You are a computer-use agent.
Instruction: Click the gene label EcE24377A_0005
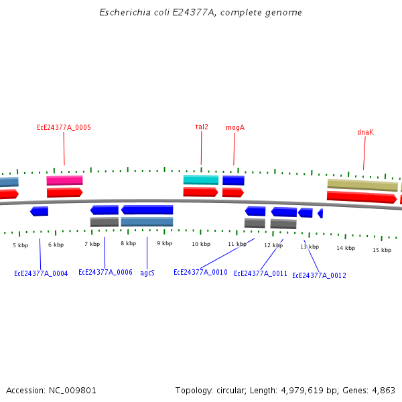(x=64, y=127)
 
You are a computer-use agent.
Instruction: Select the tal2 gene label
(x=202, y=127)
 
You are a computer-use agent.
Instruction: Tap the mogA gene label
(x=234, y=127)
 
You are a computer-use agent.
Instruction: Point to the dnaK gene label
(x=365, y=133)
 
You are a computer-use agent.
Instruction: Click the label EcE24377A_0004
(x=41, y=273)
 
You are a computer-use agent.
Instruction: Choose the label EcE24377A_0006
(x=105, y=272)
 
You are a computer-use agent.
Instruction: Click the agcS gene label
(x=147, y=273)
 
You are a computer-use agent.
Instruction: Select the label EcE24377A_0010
(x=200, y=272)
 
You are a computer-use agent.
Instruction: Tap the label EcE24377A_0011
(x=261, y=273)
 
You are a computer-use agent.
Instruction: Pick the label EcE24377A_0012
(x=319, y=275)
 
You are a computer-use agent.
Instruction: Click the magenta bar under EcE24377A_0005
(x=64, y=180)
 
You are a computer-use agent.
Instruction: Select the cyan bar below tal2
(x=201, y=180)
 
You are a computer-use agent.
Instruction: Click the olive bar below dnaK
(x=362, y=184)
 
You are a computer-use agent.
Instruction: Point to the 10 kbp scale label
(x=201, y=244)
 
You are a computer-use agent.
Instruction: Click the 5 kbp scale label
(x=21, y=245)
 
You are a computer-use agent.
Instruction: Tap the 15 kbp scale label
(x=382, y=250)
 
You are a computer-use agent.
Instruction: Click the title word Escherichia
(x=123, y=13)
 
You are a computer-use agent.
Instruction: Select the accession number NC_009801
(x=72, y=390)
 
